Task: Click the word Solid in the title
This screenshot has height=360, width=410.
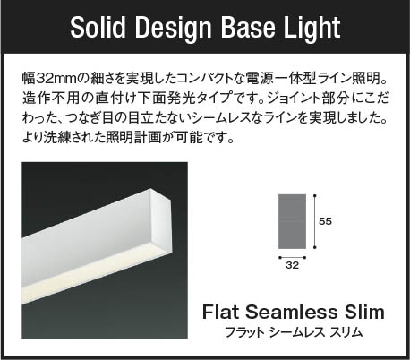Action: tap(98, 27)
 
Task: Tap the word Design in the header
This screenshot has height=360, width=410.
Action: tap(174, 29)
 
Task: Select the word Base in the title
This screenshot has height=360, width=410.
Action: tap(248, 27)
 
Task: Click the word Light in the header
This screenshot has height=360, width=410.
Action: tap(312, 29)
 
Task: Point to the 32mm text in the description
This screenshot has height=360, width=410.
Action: tap(56, 79)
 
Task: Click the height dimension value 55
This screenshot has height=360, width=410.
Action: tap(325, 221)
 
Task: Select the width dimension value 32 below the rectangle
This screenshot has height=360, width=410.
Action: tap(292, 265)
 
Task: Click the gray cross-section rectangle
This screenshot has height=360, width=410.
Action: tap(292, 221)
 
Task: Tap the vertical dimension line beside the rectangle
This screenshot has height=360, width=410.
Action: tap(314, 221)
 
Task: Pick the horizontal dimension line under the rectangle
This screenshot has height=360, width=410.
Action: tap(292, 257)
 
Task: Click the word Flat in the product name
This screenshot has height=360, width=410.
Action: tap(221, 312)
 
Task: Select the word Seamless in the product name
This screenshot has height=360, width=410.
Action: tap(291, 312)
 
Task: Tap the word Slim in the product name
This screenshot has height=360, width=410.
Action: tap(364, 312)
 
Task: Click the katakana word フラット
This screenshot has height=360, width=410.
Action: tap(244, 332)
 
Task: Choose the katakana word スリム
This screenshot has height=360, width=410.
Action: tap(346, 332)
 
